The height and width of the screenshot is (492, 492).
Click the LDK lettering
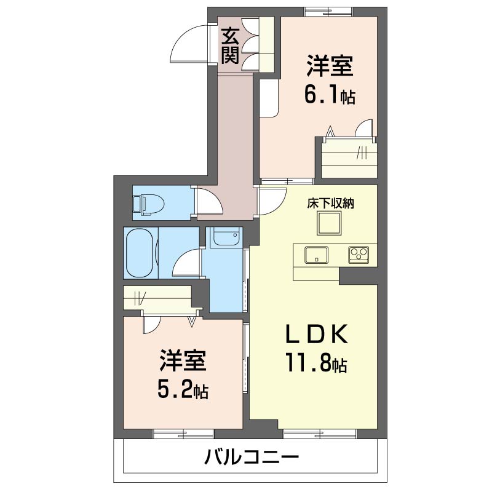click(x=316, y=333)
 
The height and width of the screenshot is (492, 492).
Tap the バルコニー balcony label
click(x=251, y=456)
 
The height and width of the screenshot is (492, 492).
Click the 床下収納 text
click(x=330, y=204)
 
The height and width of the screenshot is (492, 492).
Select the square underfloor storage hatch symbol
click(x=329, y=223)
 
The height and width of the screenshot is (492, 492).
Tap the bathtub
click(x=141, y=253)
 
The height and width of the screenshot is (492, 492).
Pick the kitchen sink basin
click(x=316, y=255)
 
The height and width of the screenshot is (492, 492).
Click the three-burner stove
click(x=359, y=254)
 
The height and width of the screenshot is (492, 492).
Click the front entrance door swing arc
click(x=189, y=44)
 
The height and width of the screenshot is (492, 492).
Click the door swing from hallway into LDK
click(x=272, y=201)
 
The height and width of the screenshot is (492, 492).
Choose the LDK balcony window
click(x=320, y=434)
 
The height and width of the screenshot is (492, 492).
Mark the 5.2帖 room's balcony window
click(x=183, y=434)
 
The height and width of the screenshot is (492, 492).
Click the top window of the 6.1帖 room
click(x=328, y=12)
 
